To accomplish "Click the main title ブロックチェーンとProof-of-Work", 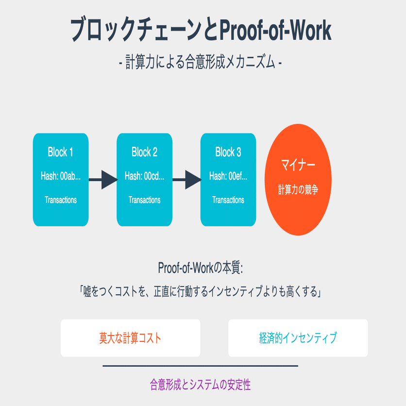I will click(201, 30).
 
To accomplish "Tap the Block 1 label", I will click(61, 152).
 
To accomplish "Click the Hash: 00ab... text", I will click(61, 176).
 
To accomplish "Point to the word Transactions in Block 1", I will click(61, 200).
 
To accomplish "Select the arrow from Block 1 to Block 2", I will click(102, 180).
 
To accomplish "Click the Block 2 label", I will click(144, 152).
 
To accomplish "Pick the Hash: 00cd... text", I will click(144, 176).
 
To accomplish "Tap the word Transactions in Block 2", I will click(144, 200).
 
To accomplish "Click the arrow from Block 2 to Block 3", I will click(186, 180).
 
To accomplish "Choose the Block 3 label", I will click(228, 152).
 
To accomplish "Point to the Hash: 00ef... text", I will click(228, 176).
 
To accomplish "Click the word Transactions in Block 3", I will click(228, 200).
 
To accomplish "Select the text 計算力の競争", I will click(298, 190).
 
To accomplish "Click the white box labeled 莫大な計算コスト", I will click(130, 338).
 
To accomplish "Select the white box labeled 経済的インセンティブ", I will click(298, 338).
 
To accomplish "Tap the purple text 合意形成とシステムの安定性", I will click(200, 385).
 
